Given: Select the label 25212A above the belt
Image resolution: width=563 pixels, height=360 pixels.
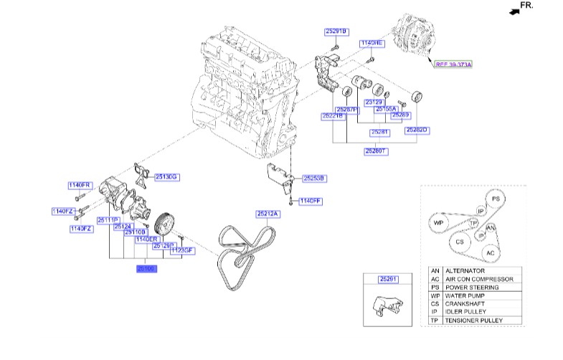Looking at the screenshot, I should click(267, 213).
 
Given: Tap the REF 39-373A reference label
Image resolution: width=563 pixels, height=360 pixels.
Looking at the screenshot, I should click(457, 64).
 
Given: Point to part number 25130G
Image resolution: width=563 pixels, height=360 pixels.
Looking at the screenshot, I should click(166, 176).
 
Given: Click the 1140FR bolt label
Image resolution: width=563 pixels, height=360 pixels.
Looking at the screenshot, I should click(80, 185).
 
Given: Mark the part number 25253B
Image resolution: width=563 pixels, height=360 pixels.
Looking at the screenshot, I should click(314, 177).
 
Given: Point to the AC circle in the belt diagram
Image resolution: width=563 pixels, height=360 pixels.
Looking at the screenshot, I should click(490, 252).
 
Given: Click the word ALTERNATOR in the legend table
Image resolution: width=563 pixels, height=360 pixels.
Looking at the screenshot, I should click(467, 270).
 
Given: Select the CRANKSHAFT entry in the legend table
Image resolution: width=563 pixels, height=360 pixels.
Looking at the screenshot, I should click(468, 304).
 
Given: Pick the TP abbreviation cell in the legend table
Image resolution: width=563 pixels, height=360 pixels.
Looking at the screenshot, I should click(435, 321).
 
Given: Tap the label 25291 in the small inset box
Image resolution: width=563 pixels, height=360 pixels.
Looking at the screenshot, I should click(387, 279).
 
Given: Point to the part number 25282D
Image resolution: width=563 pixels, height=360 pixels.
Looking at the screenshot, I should click(416, 130).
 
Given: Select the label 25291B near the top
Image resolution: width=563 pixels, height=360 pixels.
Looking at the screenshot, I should click(335, 32).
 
